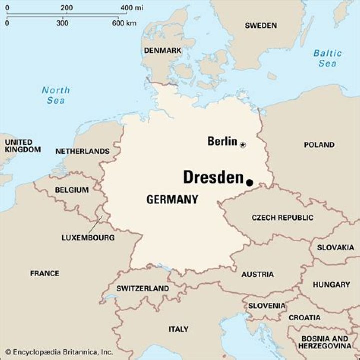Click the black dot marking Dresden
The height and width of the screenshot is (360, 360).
(x=250, y=183)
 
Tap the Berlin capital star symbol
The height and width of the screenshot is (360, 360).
(x=243, y=145)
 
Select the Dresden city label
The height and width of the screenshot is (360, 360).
(x=213, y=177)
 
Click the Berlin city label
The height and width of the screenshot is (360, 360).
(x=222, y=141)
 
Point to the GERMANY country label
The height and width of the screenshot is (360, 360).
(x=172, y=200)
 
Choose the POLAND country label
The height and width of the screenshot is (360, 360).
(x=319, y=145)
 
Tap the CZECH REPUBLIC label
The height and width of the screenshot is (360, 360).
(x=282, y=218)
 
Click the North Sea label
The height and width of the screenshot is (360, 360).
(x=55, y=95)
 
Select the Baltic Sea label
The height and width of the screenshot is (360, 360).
(x=327, y=58)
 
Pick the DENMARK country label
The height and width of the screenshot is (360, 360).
(x=162, y=51)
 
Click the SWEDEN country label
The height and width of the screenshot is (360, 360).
(x=260, y=25)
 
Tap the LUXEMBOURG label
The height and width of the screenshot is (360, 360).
(x=88, y=238)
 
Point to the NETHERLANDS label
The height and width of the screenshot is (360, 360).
(x=82, y=151)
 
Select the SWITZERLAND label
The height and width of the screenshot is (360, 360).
(x=142, y=289)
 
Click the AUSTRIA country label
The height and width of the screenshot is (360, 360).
(x=257, y=274)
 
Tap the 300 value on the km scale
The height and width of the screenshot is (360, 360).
(x=62, y=23)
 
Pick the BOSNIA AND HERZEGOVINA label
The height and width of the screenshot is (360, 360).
(x=325, y=342)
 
